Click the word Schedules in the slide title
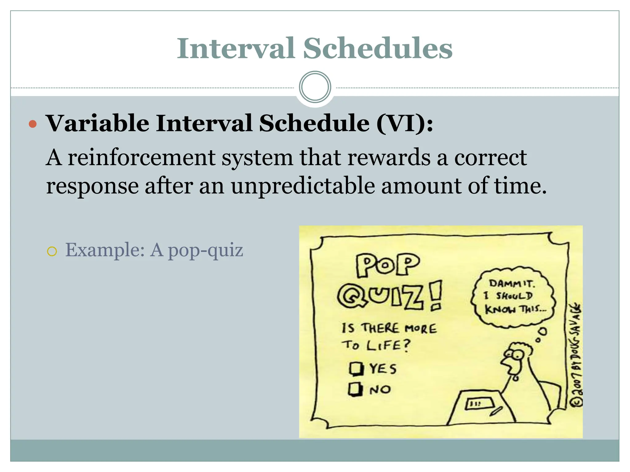coord(378,49)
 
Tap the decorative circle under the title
coord(315,87)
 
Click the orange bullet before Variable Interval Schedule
coord(33,124)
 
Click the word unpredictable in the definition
coord(303,186)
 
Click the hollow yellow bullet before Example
coord(52,252)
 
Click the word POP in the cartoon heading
coord(388,265)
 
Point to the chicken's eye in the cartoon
coord(518,355)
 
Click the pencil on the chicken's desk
coord(496,411)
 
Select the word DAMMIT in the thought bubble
coord(512,283)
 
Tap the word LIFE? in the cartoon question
coord(389,345)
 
